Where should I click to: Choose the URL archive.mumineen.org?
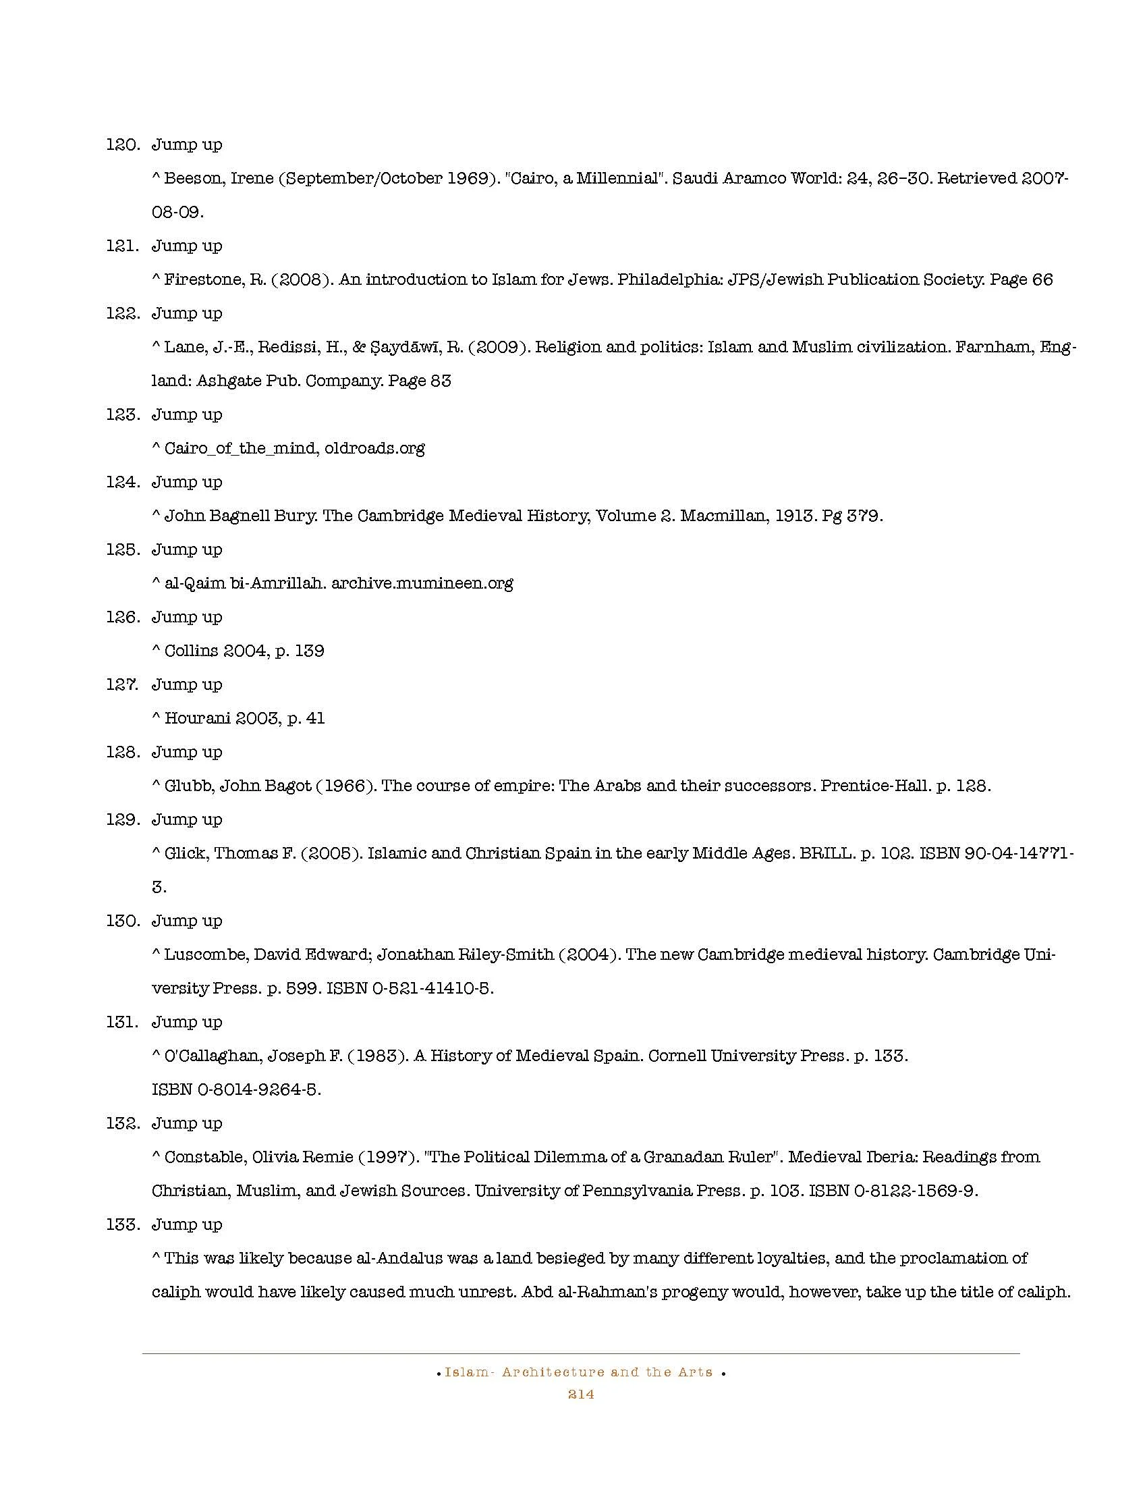(422, 583)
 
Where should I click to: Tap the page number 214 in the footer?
(581, 1395)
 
